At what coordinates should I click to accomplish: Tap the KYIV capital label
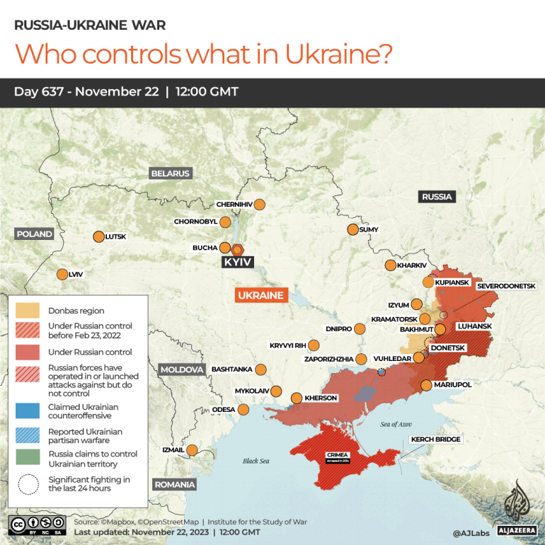237,263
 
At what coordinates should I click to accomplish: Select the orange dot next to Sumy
352,229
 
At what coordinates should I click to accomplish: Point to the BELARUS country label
170,173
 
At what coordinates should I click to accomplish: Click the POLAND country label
35,234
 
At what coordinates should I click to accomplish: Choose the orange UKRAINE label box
260,295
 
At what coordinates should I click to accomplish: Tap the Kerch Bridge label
436,440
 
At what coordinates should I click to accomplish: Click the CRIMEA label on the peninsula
337,454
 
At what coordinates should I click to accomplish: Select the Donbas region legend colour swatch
28,310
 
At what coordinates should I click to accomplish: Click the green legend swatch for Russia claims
28,459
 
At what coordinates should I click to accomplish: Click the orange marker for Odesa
243,409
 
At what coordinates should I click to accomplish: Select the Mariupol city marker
426,385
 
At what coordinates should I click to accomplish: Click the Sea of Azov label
395,423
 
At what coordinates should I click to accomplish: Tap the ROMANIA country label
175,484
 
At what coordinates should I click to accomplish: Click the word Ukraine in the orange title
340,54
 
